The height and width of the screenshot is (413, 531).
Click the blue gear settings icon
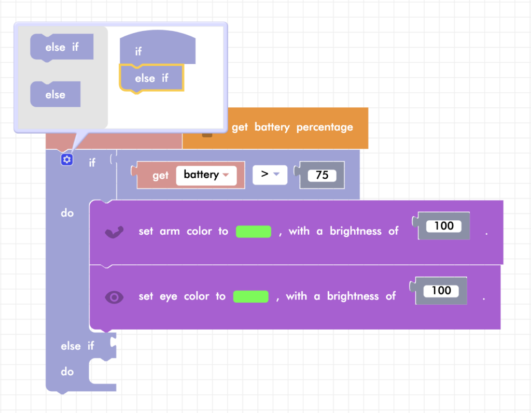[x=66, y=160]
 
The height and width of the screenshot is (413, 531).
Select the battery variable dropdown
[x=206, y=175]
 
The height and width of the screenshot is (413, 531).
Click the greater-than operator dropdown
[x=270, y=175]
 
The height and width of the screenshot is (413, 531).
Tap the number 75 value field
[x=322, y=175]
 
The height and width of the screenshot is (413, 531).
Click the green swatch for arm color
[x=254, y=231]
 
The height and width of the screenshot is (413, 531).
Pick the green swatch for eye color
[x=251, y=296]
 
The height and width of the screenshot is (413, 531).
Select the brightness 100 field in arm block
[x=443, y=226]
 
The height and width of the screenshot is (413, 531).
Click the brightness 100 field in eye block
[x=441, y=291]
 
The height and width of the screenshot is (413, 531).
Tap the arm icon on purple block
[x=115, y=232]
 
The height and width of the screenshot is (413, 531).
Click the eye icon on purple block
[x=115, y=297]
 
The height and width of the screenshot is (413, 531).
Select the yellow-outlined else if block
[x=151, y=78]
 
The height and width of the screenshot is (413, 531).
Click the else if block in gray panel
[x=62, y=47]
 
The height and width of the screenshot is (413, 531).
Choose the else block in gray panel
[x=55, y=94]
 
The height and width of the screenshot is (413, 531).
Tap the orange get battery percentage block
[x=292, y=127]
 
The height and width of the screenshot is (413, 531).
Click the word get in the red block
[x=161, y=176]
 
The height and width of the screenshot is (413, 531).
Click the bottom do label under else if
[x=67, y=372]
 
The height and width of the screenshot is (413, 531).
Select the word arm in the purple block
[x=170, y=231]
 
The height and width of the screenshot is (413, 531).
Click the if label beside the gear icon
[x=92, y=163]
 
